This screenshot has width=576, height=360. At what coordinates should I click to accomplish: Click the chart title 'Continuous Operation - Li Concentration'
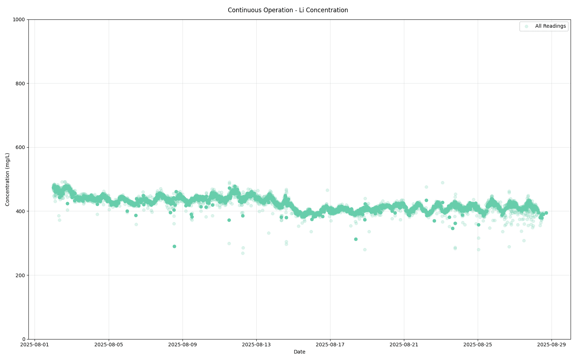pos(288,10)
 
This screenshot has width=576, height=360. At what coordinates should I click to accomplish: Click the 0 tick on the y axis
pos(24,339)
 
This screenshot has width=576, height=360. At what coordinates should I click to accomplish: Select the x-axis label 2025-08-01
pos(35,345)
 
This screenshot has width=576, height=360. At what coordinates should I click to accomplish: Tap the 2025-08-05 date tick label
pos(108,345)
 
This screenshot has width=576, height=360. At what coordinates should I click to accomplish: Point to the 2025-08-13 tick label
pos(256,345)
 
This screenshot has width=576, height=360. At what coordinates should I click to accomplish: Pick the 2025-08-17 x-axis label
pos(330,345)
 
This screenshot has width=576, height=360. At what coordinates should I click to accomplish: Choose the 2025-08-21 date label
pos(404,345)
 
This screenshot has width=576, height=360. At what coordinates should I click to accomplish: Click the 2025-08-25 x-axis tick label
pos(478,345)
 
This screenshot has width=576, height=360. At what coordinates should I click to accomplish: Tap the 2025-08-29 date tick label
pos(552,345)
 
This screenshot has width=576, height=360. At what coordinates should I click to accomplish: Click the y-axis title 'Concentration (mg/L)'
pos(8,179)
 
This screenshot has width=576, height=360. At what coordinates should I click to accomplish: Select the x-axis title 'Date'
pos(299,352)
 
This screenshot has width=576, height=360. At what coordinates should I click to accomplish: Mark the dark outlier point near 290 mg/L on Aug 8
pos(174,246)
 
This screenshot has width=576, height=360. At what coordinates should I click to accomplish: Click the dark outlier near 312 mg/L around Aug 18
pos(356,239)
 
